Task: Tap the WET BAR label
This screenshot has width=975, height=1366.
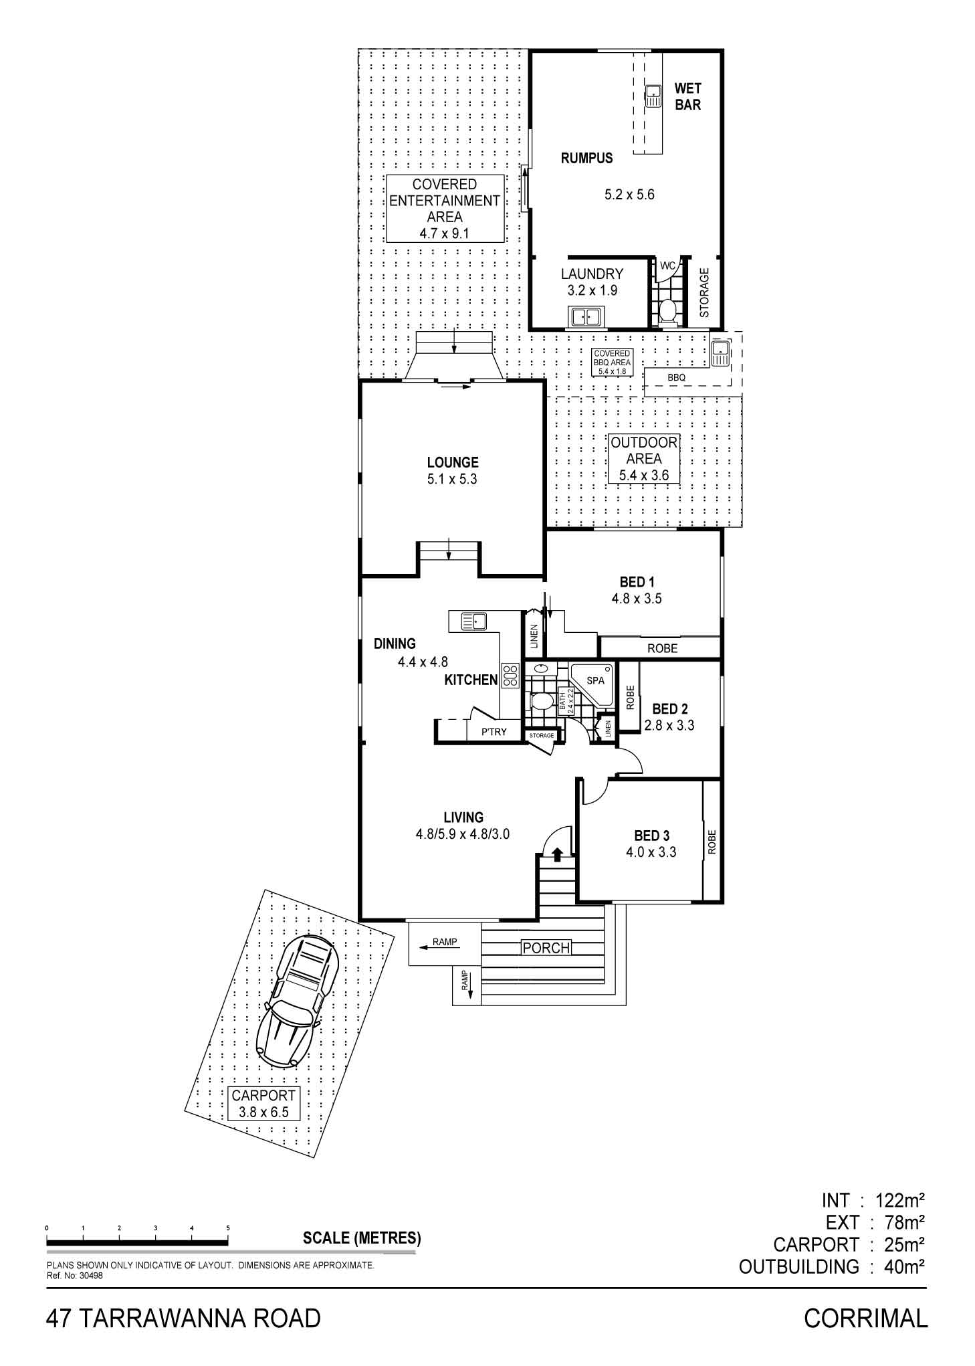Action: tap(687, 96)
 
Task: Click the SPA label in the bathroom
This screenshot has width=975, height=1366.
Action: tap(595, 680)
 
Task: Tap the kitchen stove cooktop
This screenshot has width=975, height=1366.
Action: tap(511, 675)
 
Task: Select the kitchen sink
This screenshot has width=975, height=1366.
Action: tap(473, 621)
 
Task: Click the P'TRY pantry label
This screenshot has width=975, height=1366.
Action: tap(494, 732)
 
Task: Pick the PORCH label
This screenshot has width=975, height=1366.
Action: tap(546, 947)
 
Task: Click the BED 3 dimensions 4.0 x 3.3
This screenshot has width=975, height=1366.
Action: tap(651, 852)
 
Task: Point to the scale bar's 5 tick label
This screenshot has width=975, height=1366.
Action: tap(228, 1228)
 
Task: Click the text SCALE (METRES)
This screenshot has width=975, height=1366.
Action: tap(362, 1238)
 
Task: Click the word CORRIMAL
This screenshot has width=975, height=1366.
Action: tap(866, 1319)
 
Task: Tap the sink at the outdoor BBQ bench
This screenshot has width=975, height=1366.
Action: tap(720, 354)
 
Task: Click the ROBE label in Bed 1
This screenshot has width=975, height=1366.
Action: tap(662, 648)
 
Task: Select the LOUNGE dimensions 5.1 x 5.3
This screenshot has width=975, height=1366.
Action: tap(453, 479)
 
